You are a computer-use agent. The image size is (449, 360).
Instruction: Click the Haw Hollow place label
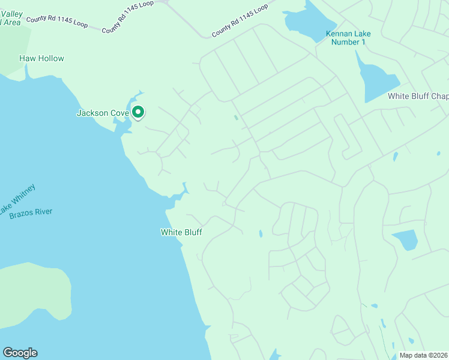click(x=41, y=58)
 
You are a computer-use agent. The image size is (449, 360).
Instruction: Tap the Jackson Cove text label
click(x=103, y=113)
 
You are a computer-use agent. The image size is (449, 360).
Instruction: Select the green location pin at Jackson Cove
click(x=138, y=112)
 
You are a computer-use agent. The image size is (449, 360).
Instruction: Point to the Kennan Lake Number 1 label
click(x=345, y=38)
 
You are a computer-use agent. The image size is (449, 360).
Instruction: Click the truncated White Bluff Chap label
click(x=418, y=96)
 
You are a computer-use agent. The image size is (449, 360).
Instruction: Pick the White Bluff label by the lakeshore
click(x=181, y=232)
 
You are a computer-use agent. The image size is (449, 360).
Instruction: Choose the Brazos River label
click(x=31, y=212)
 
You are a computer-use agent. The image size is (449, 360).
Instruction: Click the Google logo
click(x=20, y=353)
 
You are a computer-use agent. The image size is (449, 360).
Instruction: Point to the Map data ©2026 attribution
click(x=423, y=355)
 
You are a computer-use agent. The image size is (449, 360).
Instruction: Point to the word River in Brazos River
click(x=43, y=212)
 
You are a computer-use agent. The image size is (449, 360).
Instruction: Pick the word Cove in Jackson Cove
click(x=119, y=113)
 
